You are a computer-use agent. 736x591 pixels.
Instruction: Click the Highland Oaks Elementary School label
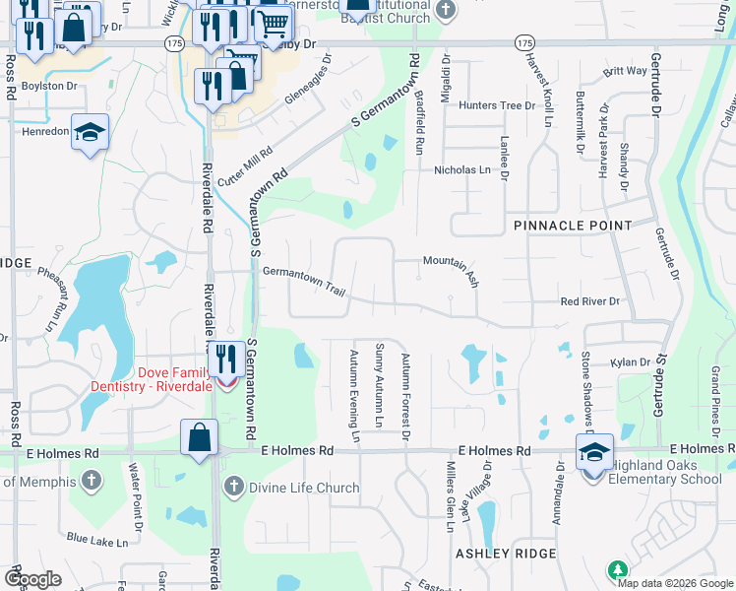pos(666,472)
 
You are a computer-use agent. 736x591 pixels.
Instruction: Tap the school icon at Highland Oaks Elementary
pos(594,451)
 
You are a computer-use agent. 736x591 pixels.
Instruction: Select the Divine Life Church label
pos(293,485)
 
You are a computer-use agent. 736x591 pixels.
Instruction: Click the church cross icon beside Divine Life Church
pos(234,485)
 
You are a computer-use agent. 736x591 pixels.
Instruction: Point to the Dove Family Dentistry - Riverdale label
pos(151,379)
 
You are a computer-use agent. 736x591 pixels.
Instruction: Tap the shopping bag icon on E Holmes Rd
pos(199,435)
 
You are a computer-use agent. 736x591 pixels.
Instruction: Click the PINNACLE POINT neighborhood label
pos(573,226)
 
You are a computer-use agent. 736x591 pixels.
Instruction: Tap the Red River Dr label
pos(590,301)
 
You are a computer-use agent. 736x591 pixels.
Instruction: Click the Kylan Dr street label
pos(631,363)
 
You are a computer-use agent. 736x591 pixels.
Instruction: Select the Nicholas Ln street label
pos(461,170)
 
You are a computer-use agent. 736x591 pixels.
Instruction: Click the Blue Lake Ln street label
pos(97,541)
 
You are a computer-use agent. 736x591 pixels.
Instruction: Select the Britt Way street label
pos(625,71)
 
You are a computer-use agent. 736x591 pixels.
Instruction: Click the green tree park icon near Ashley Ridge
pos(617,569)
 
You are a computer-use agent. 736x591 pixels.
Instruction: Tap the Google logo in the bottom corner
pos(32,579)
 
